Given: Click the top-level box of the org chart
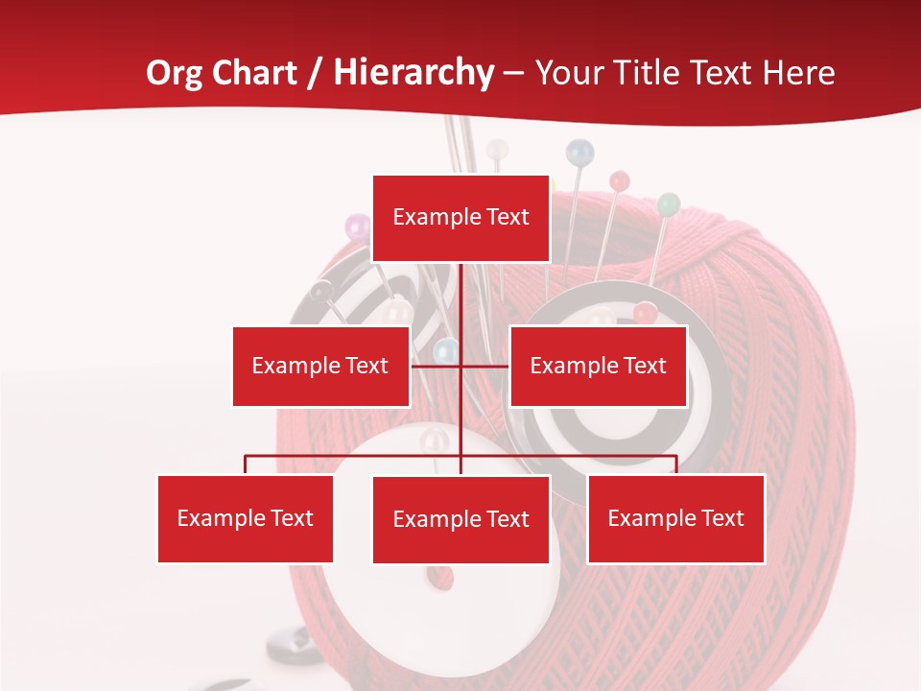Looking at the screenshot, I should pos(460,218).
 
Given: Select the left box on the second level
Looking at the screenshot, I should pos(320,366).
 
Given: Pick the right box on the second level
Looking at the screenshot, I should pos(598,366).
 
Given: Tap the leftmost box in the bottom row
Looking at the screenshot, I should pos(246,518).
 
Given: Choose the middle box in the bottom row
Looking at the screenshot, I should pos(460,519).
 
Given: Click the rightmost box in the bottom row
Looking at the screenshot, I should pos(675,518).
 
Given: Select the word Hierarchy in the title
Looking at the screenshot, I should pos(413,73).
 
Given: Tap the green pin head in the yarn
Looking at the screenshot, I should pos(669,203).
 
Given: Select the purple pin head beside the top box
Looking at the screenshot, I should pos(357,227).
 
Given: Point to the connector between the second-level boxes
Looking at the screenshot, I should pos(460,366).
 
